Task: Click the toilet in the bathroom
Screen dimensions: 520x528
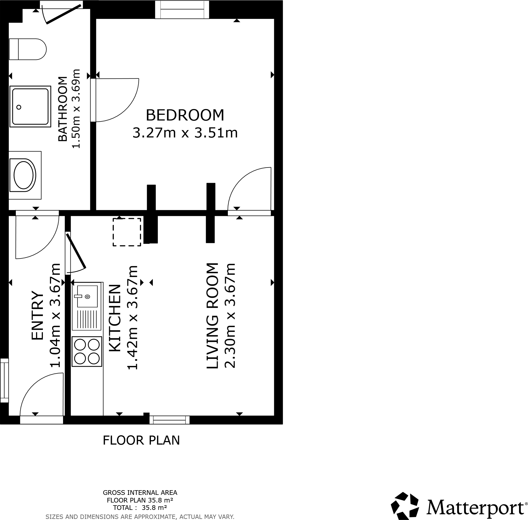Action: tap(27, 49)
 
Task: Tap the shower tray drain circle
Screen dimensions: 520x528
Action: tap(19, 107)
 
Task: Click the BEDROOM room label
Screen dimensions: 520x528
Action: tap(185, 115)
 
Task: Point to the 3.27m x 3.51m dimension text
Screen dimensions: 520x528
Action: tap(185, 133)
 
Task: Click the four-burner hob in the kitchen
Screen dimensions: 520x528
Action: tap(87, 351)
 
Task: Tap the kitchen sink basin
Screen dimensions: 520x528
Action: tap(87, 296)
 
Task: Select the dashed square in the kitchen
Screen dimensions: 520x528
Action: tap(127, 232)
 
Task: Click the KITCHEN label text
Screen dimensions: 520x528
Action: tap(115, 318)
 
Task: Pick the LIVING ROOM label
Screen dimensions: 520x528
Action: tap(212, 316)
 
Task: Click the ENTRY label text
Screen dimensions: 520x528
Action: tap(37, 316)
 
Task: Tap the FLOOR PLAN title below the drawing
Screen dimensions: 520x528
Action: tap(141, 440)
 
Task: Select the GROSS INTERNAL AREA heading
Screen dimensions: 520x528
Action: tap(140, 493)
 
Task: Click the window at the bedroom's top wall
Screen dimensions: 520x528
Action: tap(182, 10)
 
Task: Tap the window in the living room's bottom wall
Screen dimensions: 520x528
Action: tap(169, 420)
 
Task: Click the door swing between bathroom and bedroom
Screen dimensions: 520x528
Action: tap(117, 100)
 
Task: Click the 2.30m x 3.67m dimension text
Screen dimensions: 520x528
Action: tap(229, 316)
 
